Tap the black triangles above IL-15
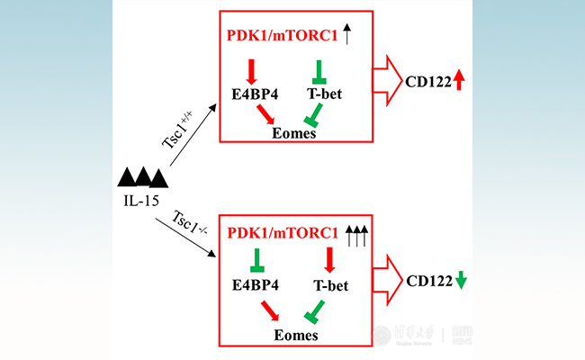click(x=141, y=176)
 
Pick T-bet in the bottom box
click(x=331, y=285)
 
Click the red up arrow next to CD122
click(x=459, y=80)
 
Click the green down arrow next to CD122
click(x=461, y=280)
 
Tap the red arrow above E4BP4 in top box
click(x=251, y=69)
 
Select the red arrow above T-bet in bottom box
click(x=329, y=260)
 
